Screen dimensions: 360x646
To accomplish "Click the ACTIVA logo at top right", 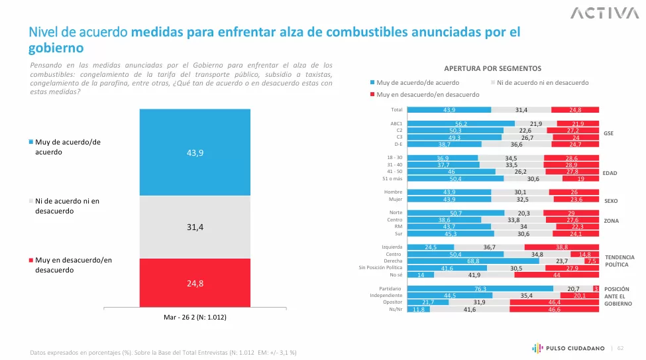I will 600,13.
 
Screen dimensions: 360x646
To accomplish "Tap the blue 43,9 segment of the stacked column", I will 195,152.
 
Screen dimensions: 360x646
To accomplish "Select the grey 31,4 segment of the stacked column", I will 195,227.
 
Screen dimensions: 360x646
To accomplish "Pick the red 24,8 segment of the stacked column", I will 195,283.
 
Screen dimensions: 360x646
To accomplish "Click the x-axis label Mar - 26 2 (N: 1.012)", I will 195,318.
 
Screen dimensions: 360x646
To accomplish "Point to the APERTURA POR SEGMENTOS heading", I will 492,68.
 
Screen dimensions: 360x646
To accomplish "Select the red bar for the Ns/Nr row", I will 554,310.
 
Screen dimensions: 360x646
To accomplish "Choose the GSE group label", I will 608,133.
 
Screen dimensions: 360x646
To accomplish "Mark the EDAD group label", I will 610,173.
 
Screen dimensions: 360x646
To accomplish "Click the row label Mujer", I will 395,199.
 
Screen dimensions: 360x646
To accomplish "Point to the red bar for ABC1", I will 578,124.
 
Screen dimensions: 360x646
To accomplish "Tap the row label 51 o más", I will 391,178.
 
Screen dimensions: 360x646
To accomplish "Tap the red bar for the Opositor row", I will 554,302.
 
